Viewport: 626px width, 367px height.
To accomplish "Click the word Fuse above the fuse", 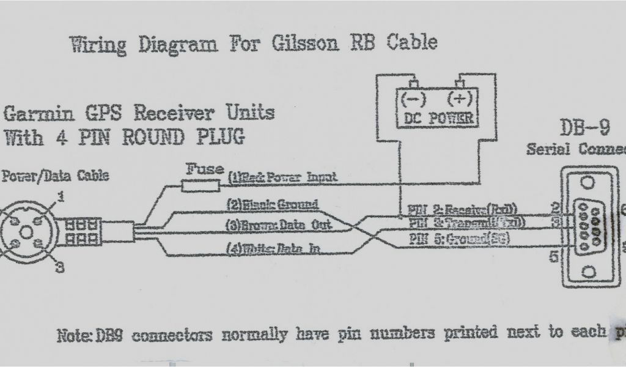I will (x=204, y=168).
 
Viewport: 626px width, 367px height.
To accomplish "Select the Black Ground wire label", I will (x=273, y=204).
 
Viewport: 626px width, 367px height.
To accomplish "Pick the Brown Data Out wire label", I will (x=279, y=224).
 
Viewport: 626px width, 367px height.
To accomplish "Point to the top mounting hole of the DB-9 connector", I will (x=588, y=182).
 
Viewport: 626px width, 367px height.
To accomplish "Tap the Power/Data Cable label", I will (x=56, y=176).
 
